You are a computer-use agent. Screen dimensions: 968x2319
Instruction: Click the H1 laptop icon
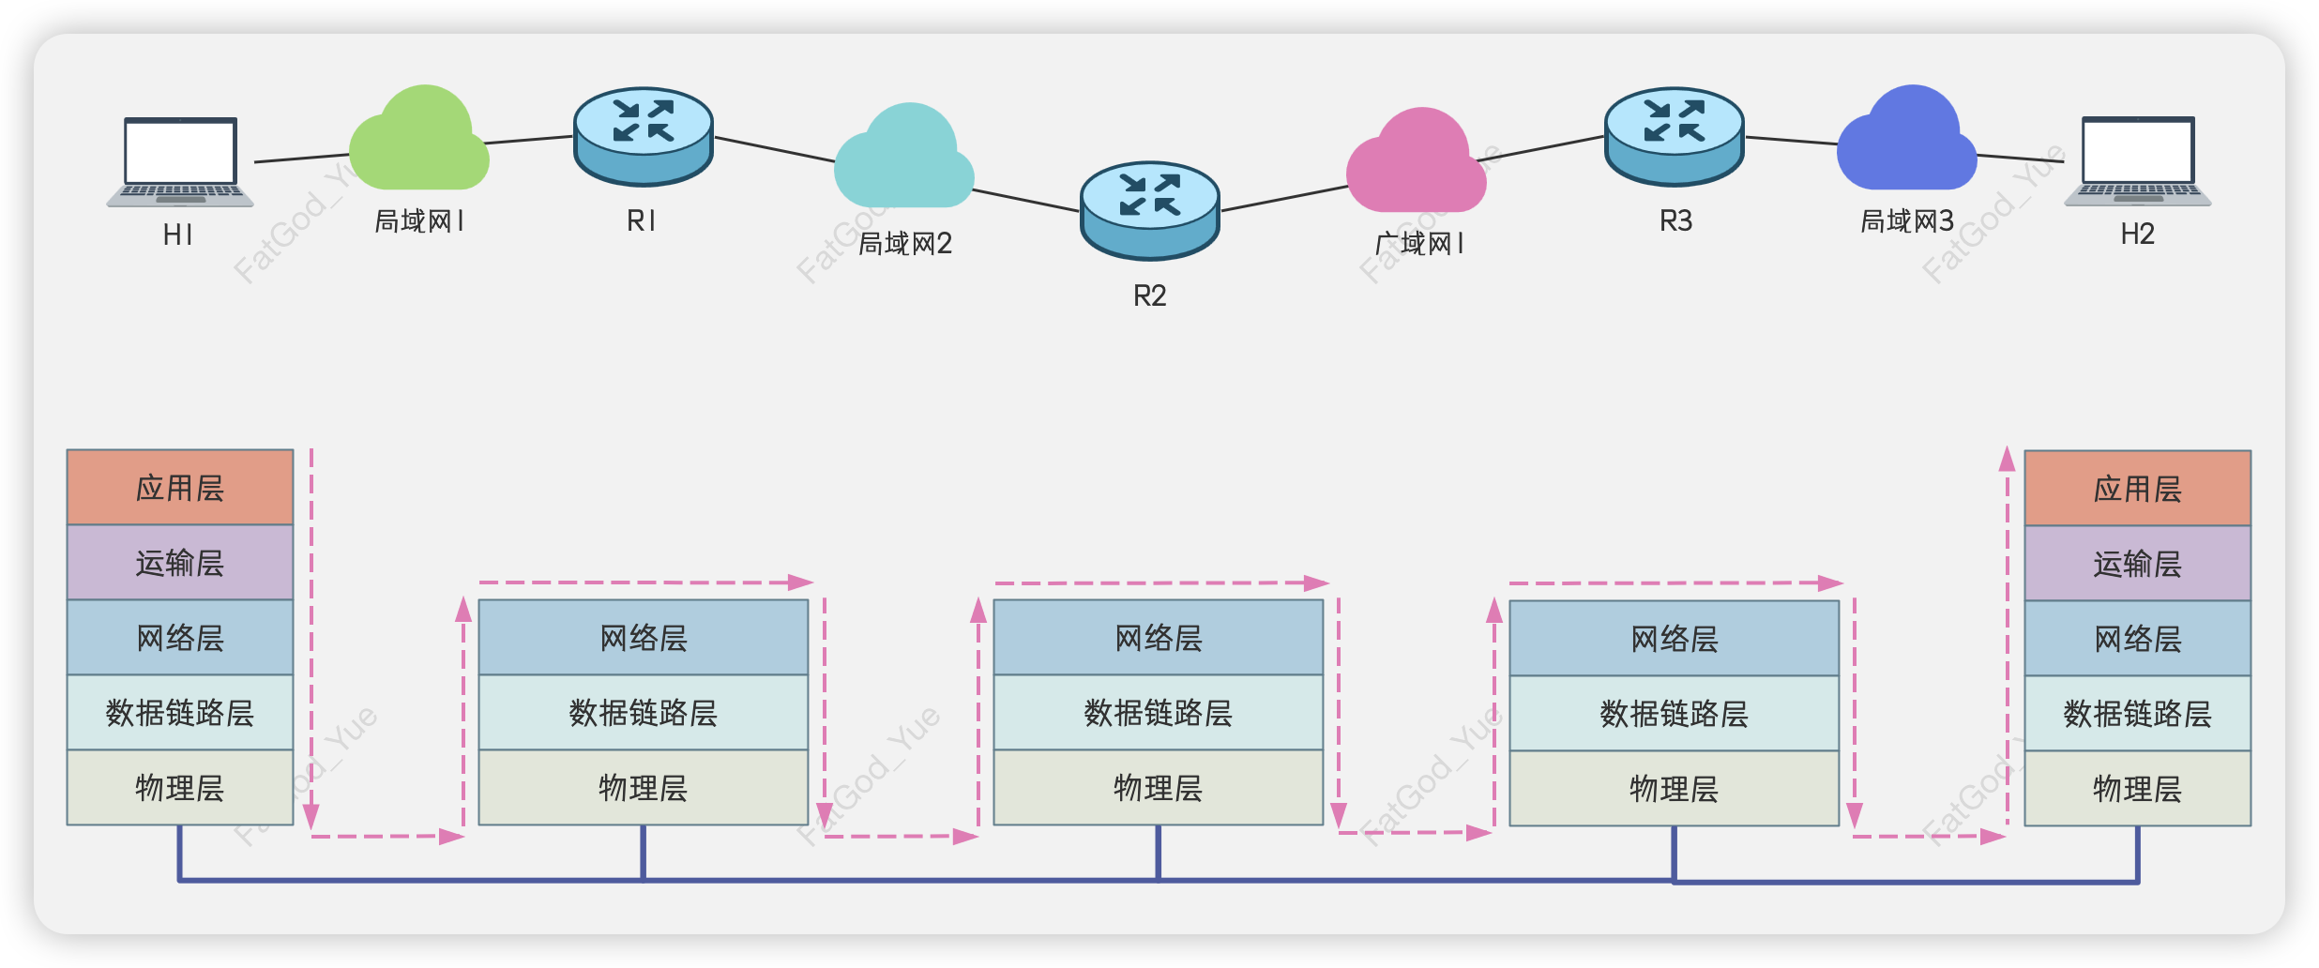tap(180, 161)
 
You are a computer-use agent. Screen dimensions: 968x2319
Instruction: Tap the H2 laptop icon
tap(2137, 160)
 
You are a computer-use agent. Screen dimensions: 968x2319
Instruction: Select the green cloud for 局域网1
tap(418, 143)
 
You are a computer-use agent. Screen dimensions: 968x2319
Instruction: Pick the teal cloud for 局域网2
tap(903, 159)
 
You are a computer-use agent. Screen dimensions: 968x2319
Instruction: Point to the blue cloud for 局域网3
tap(1906, 142)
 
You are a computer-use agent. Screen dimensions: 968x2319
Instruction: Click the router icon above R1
tap(644, 136)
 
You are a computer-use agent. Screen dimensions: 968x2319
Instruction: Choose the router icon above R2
tap(1149, 210)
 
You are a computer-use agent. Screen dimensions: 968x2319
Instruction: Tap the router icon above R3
tap(1675, 136)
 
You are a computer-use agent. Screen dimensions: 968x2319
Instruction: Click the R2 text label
tap(1149, 296)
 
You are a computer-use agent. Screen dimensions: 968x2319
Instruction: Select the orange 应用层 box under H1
tap(180, 488)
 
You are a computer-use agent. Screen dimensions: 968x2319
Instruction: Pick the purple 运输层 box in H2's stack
tap(2137, 564)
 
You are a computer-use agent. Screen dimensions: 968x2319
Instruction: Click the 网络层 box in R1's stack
tap(644, 638)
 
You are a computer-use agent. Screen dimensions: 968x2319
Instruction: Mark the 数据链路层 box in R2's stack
tap(1158, 713)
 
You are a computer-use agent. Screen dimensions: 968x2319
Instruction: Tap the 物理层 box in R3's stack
tap(1674, 789)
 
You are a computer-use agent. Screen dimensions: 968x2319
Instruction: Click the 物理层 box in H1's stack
tap(180, 788)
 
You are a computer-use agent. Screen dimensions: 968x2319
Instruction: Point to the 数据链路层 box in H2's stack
tap(2137, 714)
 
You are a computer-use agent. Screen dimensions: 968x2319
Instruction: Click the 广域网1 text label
tap(1418, 244)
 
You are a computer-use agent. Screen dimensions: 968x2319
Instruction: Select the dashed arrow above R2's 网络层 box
tap(1161, 583)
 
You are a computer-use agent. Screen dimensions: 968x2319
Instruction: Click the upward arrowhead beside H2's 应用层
tap(2007, 459)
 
